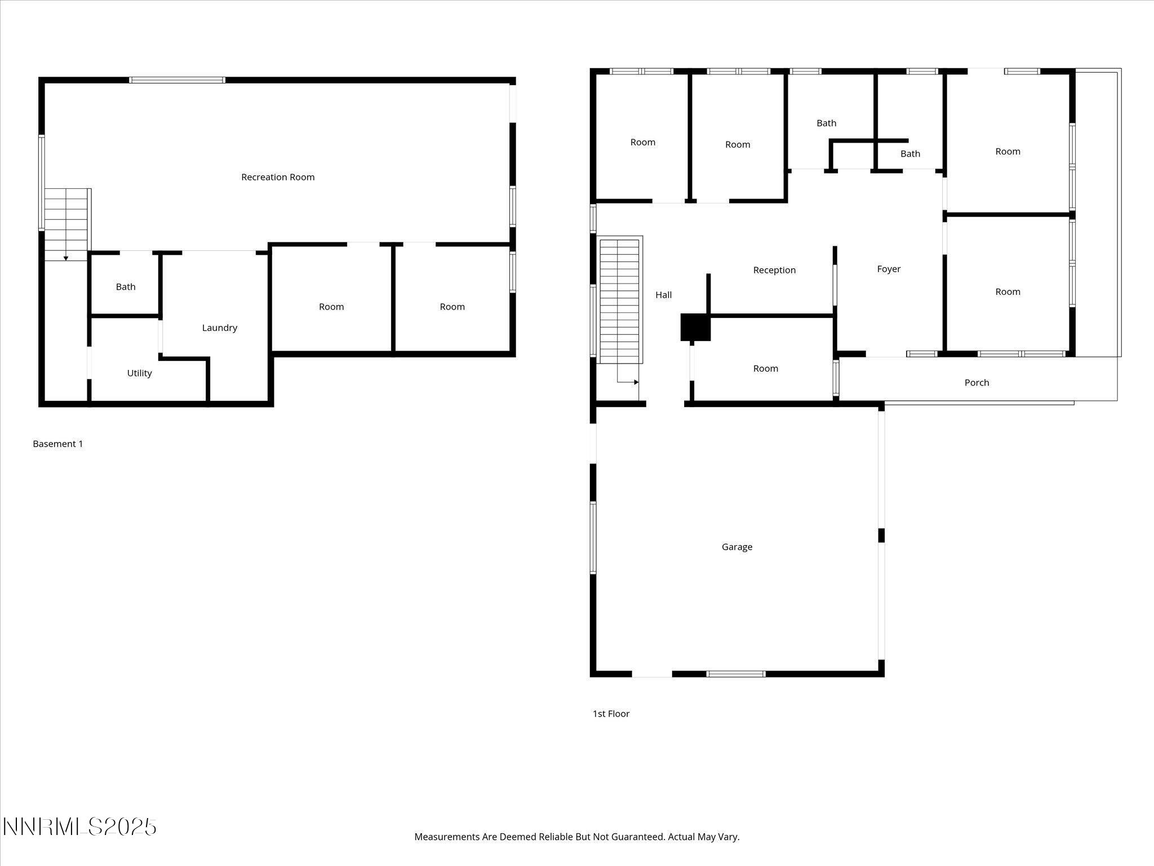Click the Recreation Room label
tap(278, 177)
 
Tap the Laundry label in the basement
tap(220, 328)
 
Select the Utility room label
tap(139, 373)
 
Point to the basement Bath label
tap(126, 286)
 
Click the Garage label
tap(737, 547)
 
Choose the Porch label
tap(977, 382)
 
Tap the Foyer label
tap(889, 269)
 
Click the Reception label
tap(774, 270)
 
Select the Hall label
tap(663, 294)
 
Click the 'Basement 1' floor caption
tap(57, 444)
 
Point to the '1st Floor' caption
tap(611, 714)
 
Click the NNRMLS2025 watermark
tap(79, 827)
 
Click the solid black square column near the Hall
tap(695, 328)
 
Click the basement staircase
tap(67, 224)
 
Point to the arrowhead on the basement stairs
tap(66, 258)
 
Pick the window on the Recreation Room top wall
tap(177, 80)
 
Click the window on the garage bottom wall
tap(736, 674)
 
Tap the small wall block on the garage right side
tap(881, 535)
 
